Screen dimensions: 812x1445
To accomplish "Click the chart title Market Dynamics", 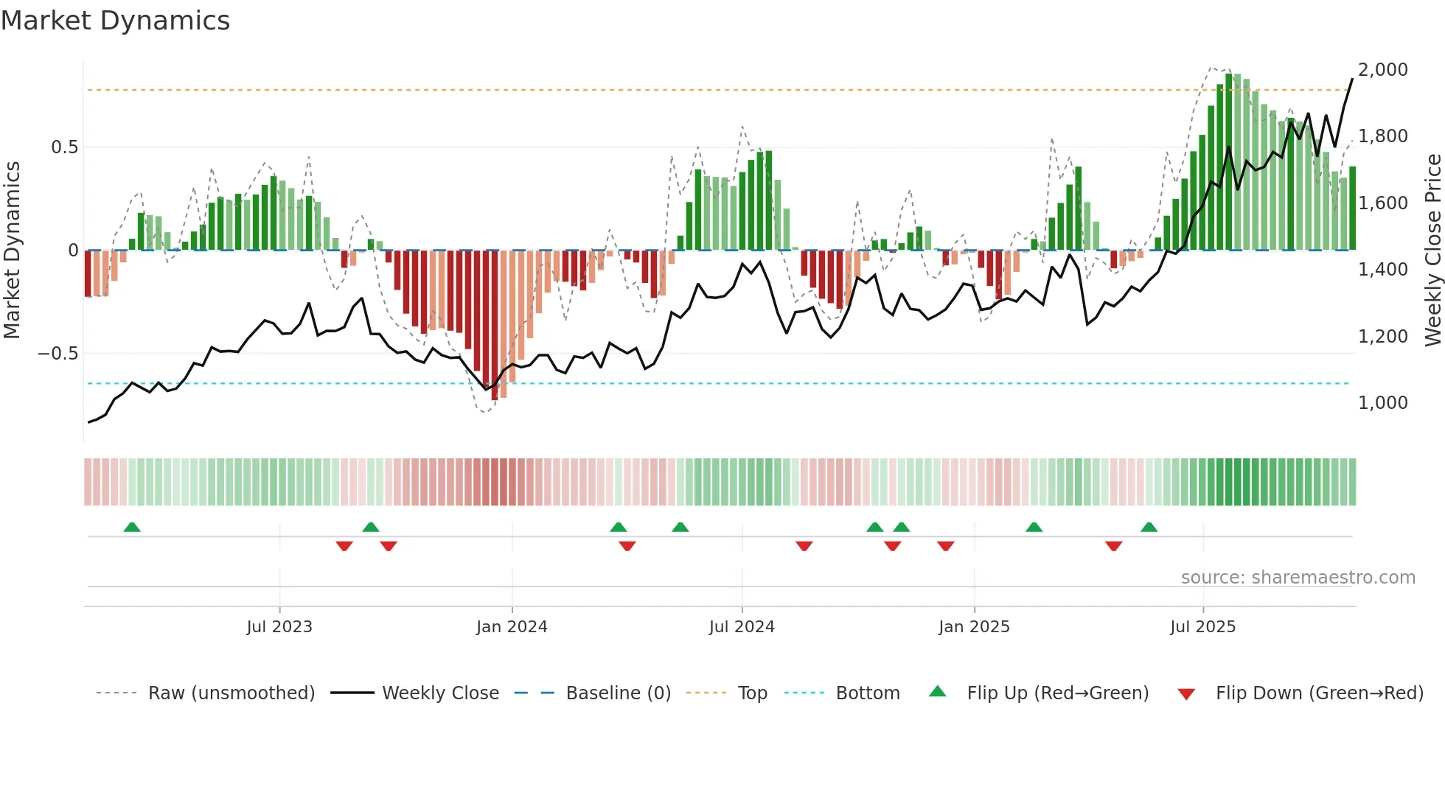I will (115, 21).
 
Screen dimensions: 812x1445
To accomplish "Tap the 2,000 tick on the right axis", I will (1382, 70).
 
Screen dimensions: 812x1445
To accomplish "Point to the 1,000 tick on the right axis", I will (1382, 403).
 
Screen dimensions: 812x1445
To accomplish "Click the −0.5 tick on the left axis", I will (58, 354).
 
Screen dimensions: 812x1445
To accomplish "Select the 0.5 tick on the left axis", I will (64, 147).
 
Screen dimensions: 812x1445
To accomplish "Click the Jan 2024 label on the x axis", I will (512, 627).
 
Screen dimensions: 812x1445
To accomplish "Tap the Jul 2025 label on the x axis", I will (1202, 627).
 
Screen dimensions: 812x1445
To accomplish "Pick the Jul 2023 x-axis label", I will (279, 627).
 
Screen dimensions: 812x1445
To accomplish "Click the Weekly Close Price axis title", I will (1432, 251).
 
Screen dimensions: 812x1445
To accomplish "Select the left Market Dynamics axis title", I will (12, 251).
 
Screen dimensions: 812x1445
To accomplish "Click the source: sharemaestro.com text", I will (1298, 578).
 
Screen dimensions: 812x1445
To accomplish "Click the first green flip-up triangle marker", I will (132, 527).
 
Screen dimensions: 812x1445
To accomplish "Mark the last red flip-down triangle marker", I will (1113, 546).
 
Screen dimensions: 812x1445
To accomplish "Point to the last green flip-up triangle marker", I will (1149, 527).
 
